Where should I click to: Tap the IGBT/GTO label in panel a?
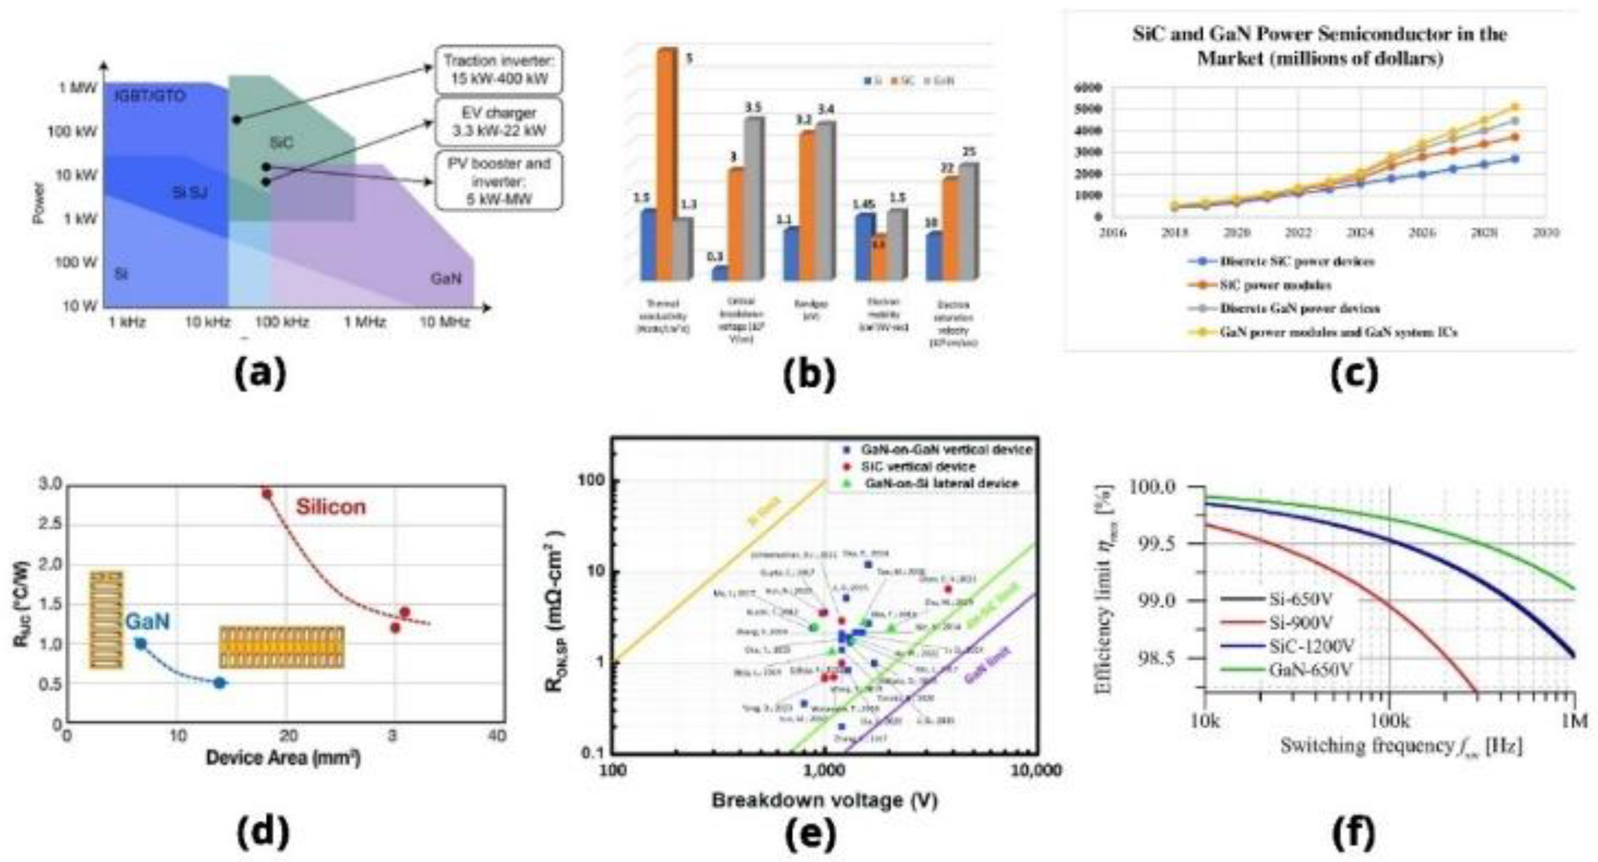(x=150, y=97)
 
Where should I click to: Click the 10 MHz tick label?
(x=444, y=323)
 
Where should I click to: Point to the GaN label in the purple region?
(x=446, y=279)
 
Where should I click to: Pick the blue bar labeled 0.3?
(x=720, y=273)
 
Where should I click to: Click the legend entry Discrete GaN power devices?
(x=1299, y=308)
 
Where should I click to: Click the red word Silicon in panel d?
(x=331, y=507)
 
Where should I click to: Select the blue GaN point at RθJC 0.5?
(x=220, y=683)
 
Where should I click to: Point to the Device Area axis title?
(x=283, y=758)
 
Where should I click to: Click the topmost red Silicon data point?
(x=267, y=493)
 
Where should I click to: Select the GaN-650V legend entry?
(x=1312, y=669)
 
